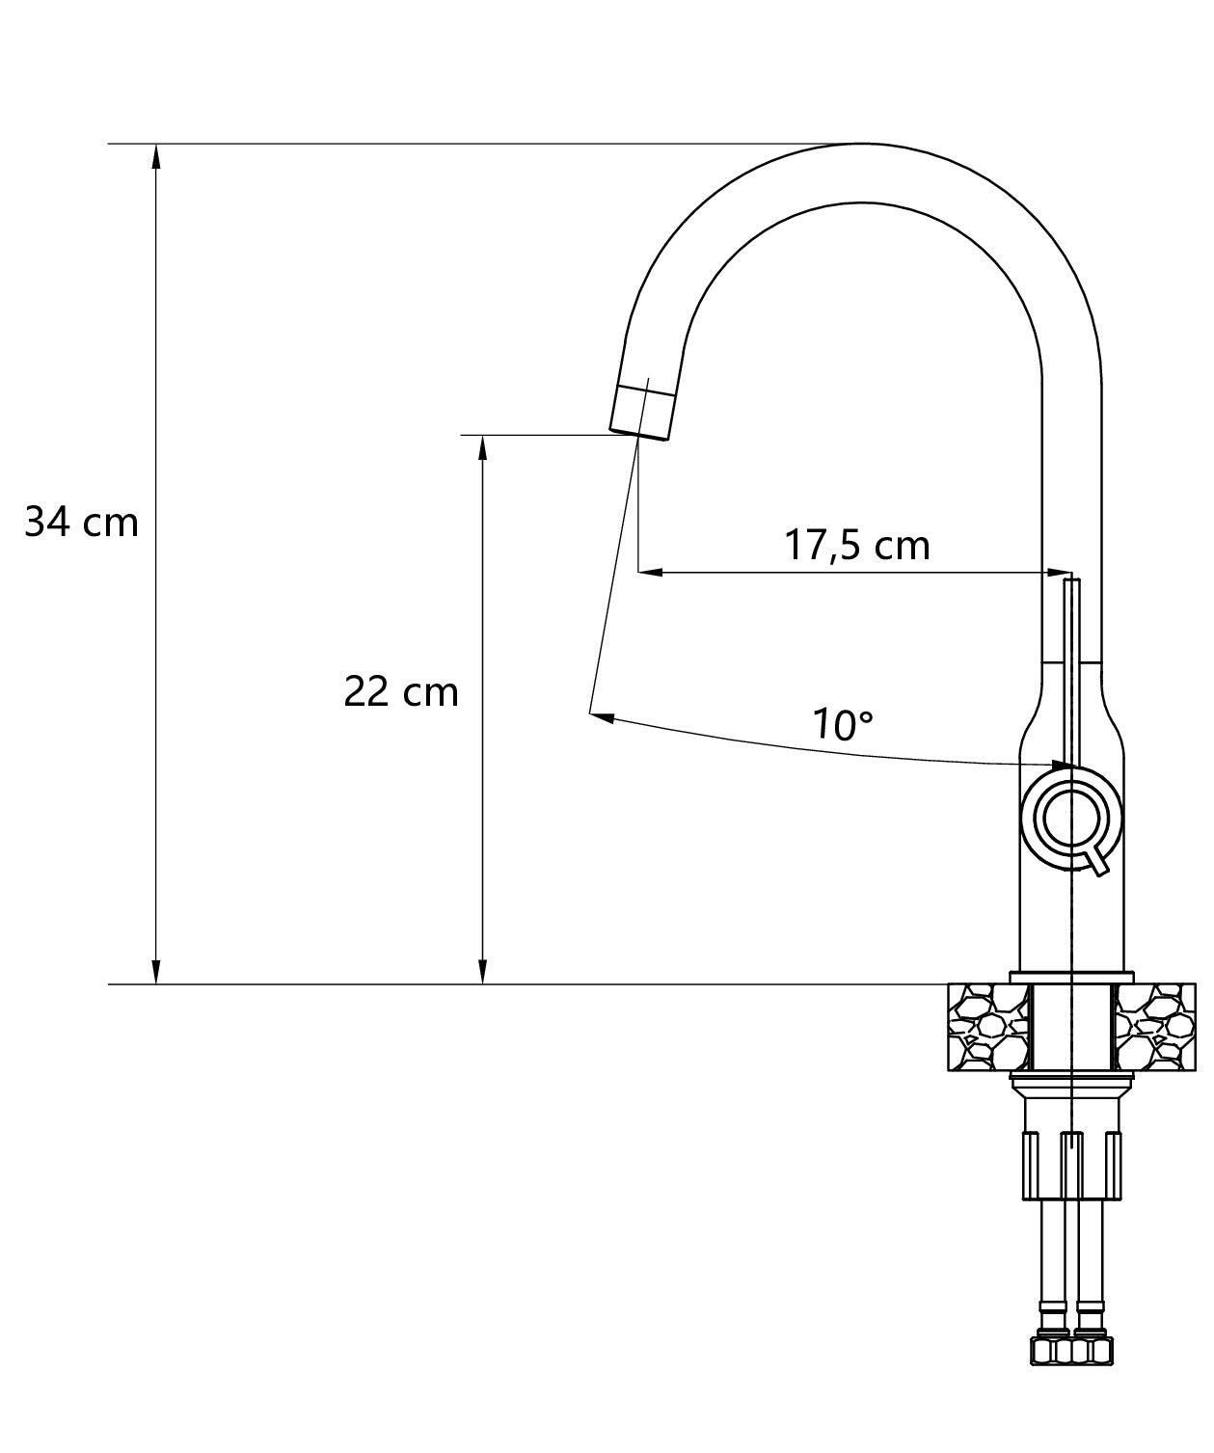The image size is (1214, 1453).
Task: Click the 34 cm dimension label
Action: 81,523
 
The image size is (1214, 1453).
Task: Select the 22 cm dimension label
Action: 401,691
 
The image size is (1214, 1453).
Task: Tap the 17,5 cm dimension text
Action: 856,545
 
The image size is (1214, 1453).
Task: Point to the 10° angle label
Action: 842,723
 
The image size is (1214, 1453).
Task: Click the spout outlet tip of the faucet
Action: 641,412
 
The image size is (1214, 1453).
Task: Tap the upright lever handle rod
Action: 1071,665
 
